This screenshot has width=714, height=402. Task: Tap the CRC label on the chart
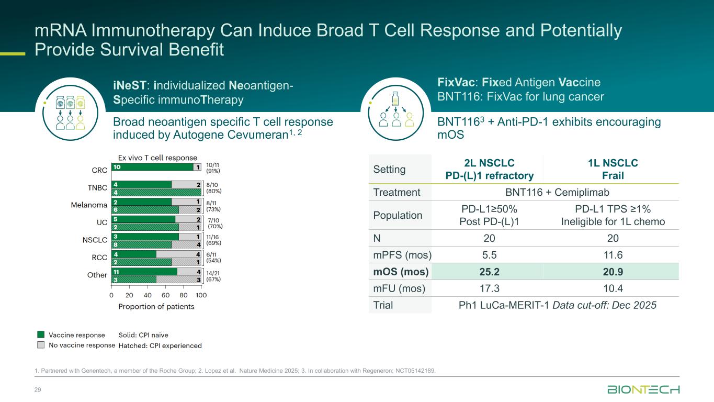(99, 170)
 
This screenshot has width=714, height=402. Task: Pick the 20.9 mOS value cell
(613, 272)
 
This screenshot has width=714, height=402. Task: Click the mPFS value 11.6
(613, 255)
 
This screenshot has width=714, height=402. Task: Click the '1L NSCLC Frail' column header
(613, 169)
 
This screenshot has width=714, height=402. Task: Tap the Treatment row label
(397, 192)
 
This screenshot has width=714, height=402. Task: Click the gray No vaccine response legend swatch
(41, 345)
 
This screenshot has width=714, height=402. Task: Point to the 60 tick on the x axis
(165, 295)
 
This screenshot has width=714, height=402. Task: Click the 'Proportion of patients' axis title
(156, 307)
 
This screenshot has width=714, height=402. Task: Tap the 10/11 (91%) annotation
(213, 167)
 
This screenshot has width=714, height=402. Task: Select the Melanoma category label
(89, 205)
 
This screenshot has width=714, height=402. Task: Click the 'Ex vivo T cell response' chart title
(157, 158)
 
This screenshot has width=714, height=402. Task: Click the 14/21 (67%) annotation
(213, 276)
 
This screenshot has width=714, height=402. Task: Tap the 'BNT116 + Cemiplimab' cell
(550, 192)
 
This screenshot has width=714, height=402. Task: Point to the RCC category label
(99, 257)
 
